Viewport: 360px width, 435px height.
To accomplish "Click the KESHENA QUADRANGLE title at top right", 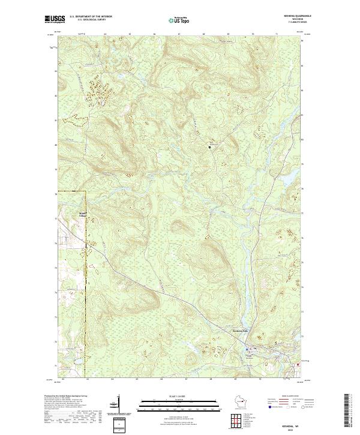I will [x=296, y=16].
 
